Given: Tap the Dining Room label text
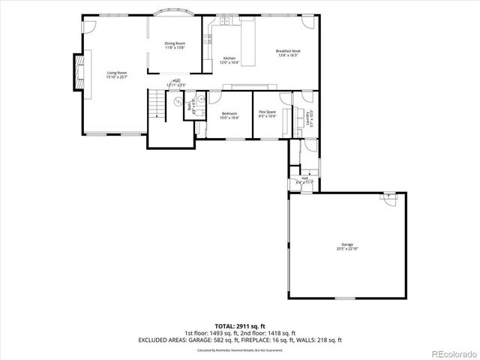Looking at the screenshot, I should (175, 45).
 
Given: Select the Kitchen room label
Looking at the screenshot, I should (229, 61).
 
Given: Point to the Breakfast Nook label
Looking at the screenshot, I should (288, 52).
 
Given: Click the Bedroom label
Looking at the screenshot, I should (229, 115).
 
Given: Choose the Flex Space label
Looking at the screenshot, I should (268, 115).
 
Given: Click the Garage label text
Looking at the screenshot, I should (347, 247).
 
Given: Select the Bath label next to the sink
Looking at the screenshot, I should (190, 106).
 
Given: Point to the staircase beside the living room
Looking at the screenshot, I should (156, 106).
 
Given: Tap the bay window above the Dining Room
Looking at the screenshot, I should (175, 13).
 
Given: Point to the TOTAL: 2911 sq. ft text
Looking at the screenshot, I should (239, 325).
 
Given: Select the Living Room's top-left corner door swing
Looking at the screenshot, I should (88, 23).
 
